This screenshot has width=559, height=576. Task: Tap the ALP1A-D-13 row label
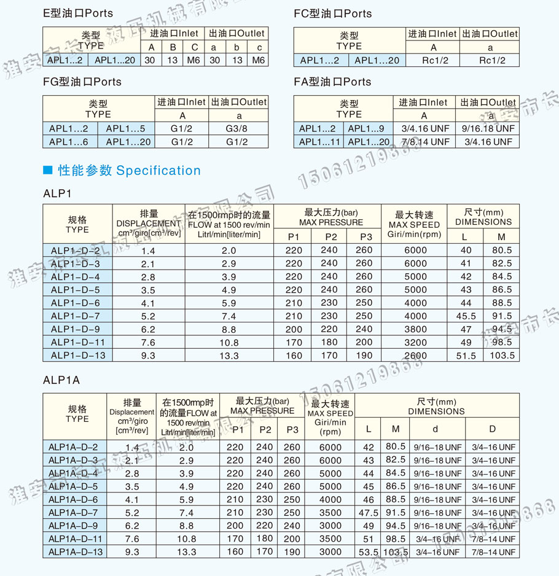[x=77, y=552]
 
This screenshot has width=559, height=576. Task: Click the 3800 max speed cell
[x=415, y=329]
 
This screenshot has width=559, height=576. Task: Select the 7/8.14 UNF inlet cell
[x=424, y=142]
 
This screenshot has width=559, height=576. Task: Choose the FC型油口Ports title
[x=332, y=14]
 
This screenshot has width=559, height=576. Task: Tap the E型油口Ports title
[x=78, y=14]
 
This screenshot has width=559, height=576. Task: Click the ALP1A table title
[x=61, y=380]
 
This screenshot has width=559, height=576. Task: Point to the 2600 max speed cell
[x=415, y=356]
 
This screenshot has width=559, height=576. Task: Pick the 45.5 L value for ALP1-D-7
[x=466, y=316]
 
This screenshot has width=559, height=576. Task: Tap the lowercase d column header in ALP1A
[x=436, y=428]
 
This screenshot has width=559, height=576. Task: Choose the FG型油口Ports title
[x=82, y=82]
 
